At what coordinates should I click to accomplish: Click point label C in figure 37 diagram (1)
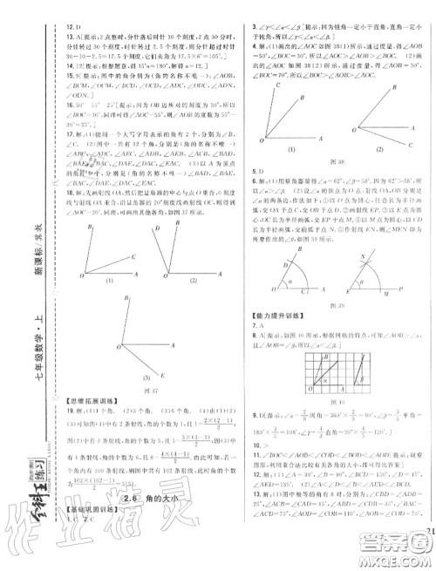pyautogui.click(x=132, y=257)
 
